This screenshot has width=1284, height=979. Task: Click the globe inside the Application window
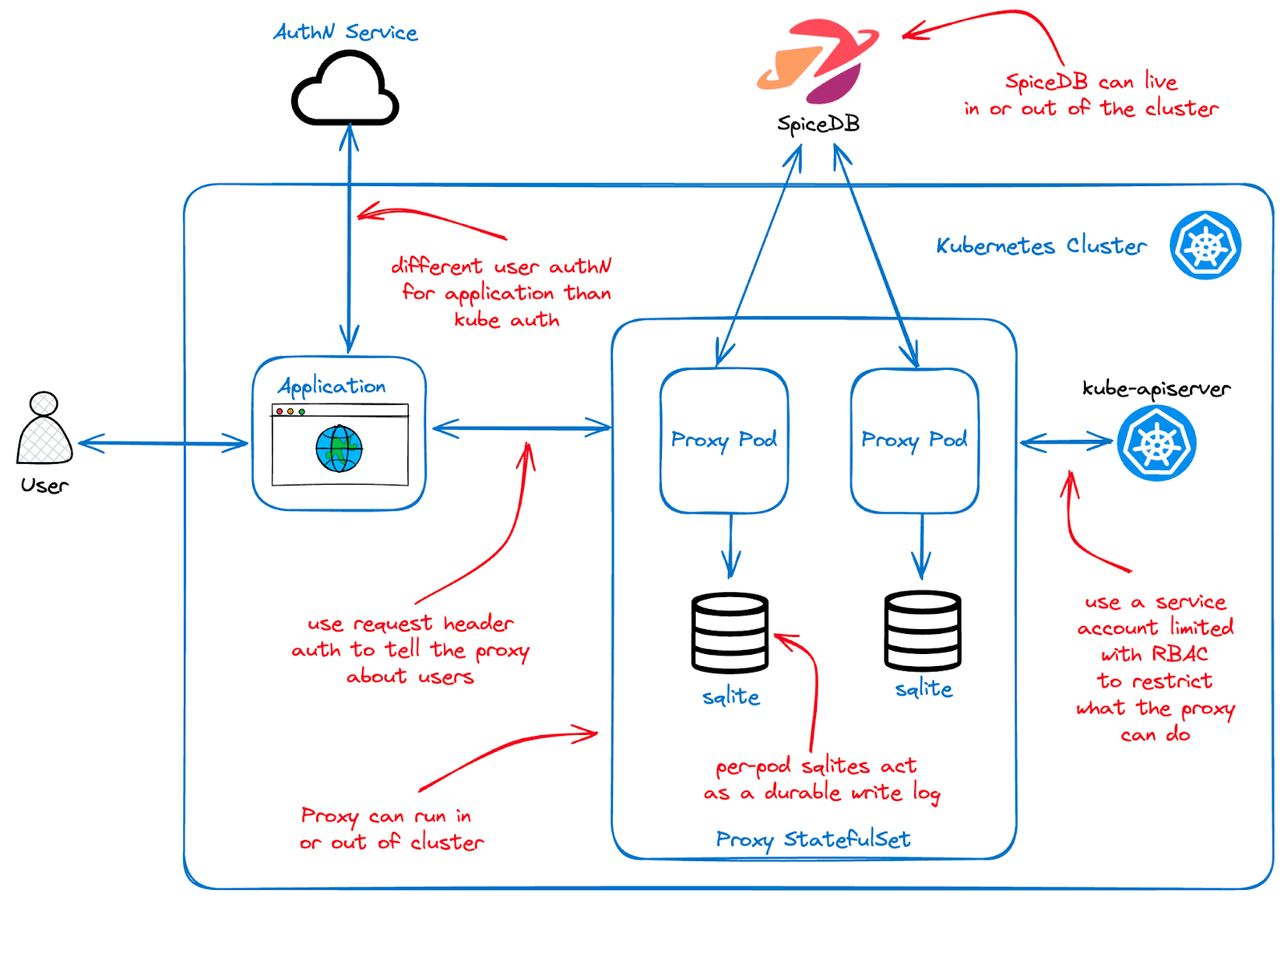[339, 449]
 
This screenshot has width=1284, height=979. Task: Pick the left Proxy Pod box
[724, 441]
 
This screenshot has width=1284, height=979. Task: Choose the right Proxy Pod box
[914, 441]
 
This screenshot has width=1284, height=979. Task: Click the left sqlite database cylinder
[730, 632]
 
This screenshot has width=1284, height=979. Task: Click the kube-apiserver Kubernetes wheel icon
[1156, 443]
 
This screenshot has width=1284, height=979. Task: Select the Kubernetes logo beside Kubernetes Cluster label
[1205, 246]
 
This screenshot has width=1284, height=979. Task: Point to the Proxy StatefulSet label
[813, 839]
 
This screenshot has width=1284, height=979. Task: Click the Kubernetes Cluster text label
[1041, 246]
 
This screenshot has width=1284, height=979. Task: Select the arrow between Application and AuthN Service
[349, 241]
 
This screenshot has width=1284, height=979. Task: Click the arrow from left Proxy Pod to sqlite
[730, 546]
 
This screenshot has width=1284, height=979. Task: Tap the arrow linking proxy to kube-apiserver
[1067, 442]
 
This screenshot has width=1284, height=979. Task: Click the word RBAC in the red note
[1180, 654]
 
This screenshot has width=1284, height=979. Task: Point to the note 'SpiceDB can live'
[1091, 82]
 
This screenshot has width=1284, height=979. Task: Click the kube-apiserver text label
[1156, 389]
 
